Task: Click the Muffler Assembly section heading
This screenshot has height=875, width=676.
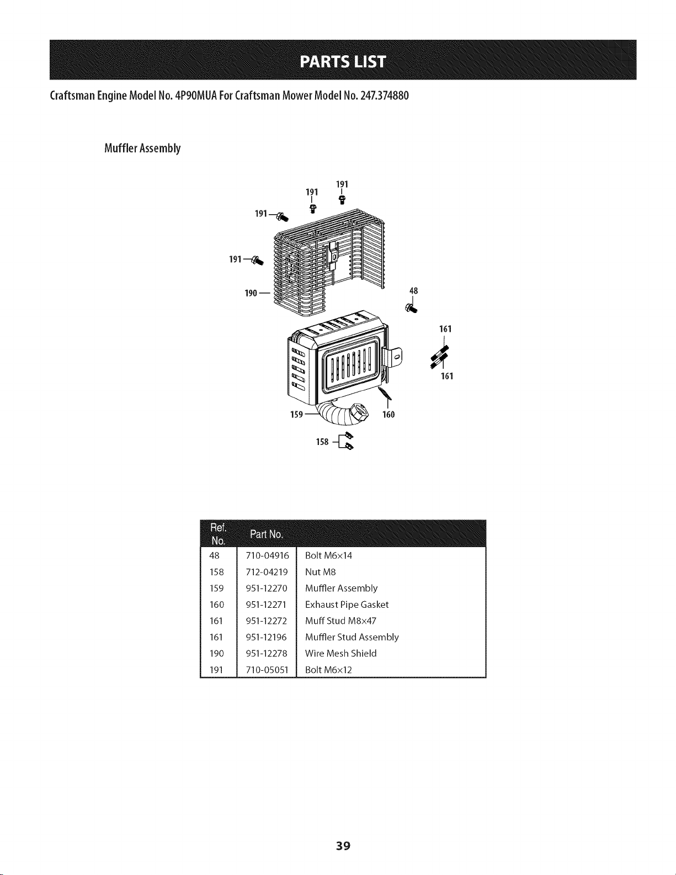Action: click(142, 149)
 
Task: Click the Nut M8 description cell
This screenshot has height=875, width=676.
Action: click(320, 572)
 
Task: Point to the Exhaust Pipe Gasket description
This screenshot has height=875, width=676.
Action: click(347, 604)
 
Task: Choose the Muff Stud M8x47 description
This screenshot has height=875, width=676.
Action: click(340, 621)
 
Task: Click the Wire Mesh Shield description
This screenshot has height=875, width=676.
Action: click(340, 654)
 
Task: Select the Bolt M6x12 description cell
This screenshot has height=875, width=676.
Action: click(328, 670)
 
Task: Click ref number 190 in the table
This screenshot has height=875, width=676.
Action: click(217, 654)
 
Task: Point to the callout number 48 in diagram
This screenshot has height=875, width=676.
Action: click(413, 291)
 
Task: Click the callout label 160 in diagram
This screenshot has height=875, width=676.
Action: click(388, 415)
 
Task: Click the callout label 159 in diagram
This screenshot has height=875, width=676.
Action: click(297, 415)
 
